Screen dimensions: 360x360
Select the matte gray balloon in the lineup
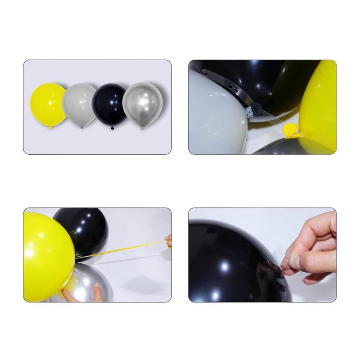(x=79, y=105)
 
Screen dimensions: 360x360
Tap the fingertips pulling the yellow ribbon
(x=168, y=241)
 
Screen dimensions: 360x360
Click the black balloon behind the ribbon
(x=85, y=227)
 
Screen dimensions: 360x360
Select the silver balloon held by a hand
(x=90, y=281)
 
